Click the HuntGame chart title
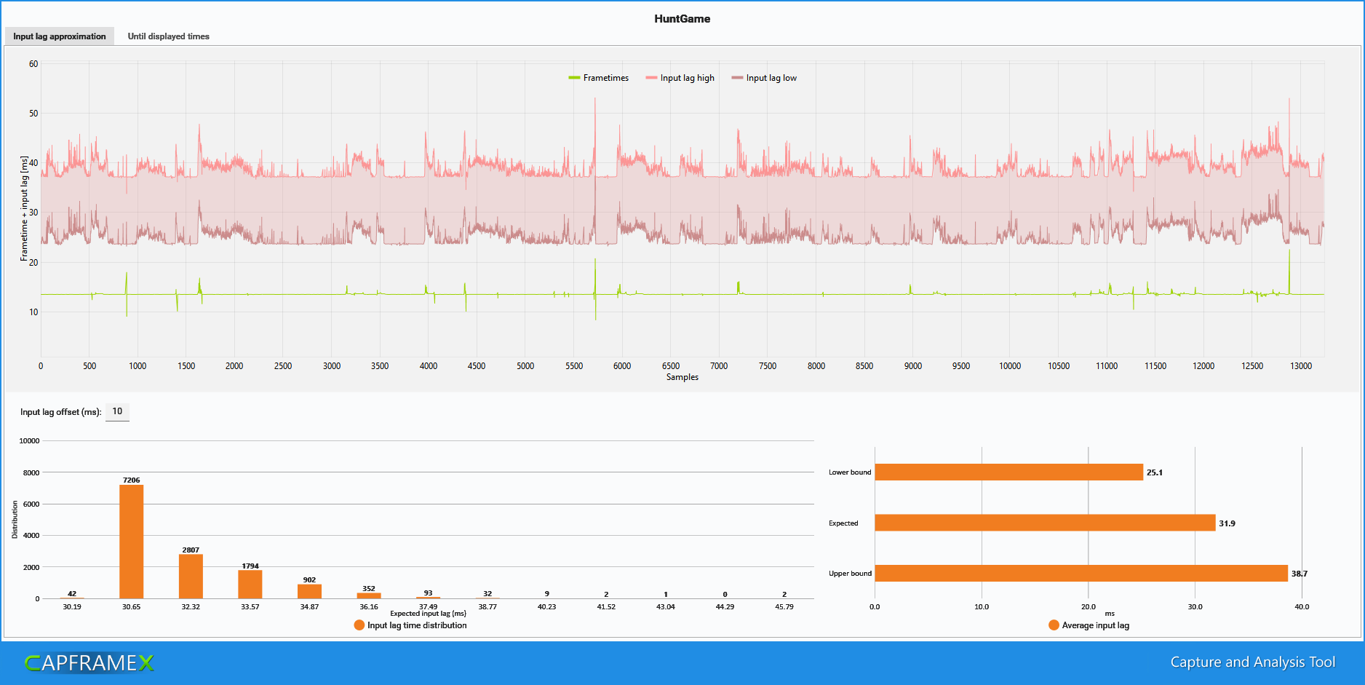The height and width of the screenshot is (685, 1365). (x=682, y=19)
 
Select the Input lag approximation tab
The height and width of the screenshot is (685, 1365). (x=60, y=36)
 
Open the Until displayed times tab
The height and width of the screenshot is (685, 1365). (x=168, y=36)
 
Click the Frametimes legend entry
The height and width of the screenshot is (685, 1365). (x=599, y=78)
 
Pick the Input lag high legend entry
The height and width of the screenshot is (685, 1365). (x=680, y=78)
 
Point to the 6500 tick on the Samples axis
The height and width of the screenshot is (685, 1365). (x=670, y=366)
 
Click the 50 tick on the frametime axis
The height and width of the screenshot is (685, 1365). (x=33, y=114)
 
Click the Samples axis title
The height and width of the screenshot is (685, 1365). (x=682, y=377)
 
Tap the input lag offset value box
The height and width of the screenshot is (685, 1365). (x=117, y=412)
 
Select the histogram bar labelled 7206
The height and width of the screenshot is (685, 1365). (x=131, y=542)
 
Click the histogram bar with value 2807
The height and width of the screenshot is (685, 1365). (x=191, y=576)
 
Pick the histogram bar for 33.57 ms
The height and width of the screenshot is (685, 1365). (x=250, y=584)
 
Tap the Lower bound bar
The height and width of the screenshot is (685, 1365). (x=1008, y=472)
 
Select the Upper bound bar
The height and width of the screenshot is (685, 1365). (x=1081, y=574)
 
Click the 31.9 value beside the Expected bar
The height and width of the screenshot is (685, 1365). (x=1227, y=523)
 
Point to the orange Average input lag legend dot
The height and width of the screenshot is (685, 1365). (x=1054, y=625)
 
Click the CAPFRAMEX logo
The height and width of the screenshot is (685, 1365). (x=89, y=662)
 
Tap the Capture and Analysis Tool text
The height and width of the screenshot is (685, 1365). (x=1252, y=662)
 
